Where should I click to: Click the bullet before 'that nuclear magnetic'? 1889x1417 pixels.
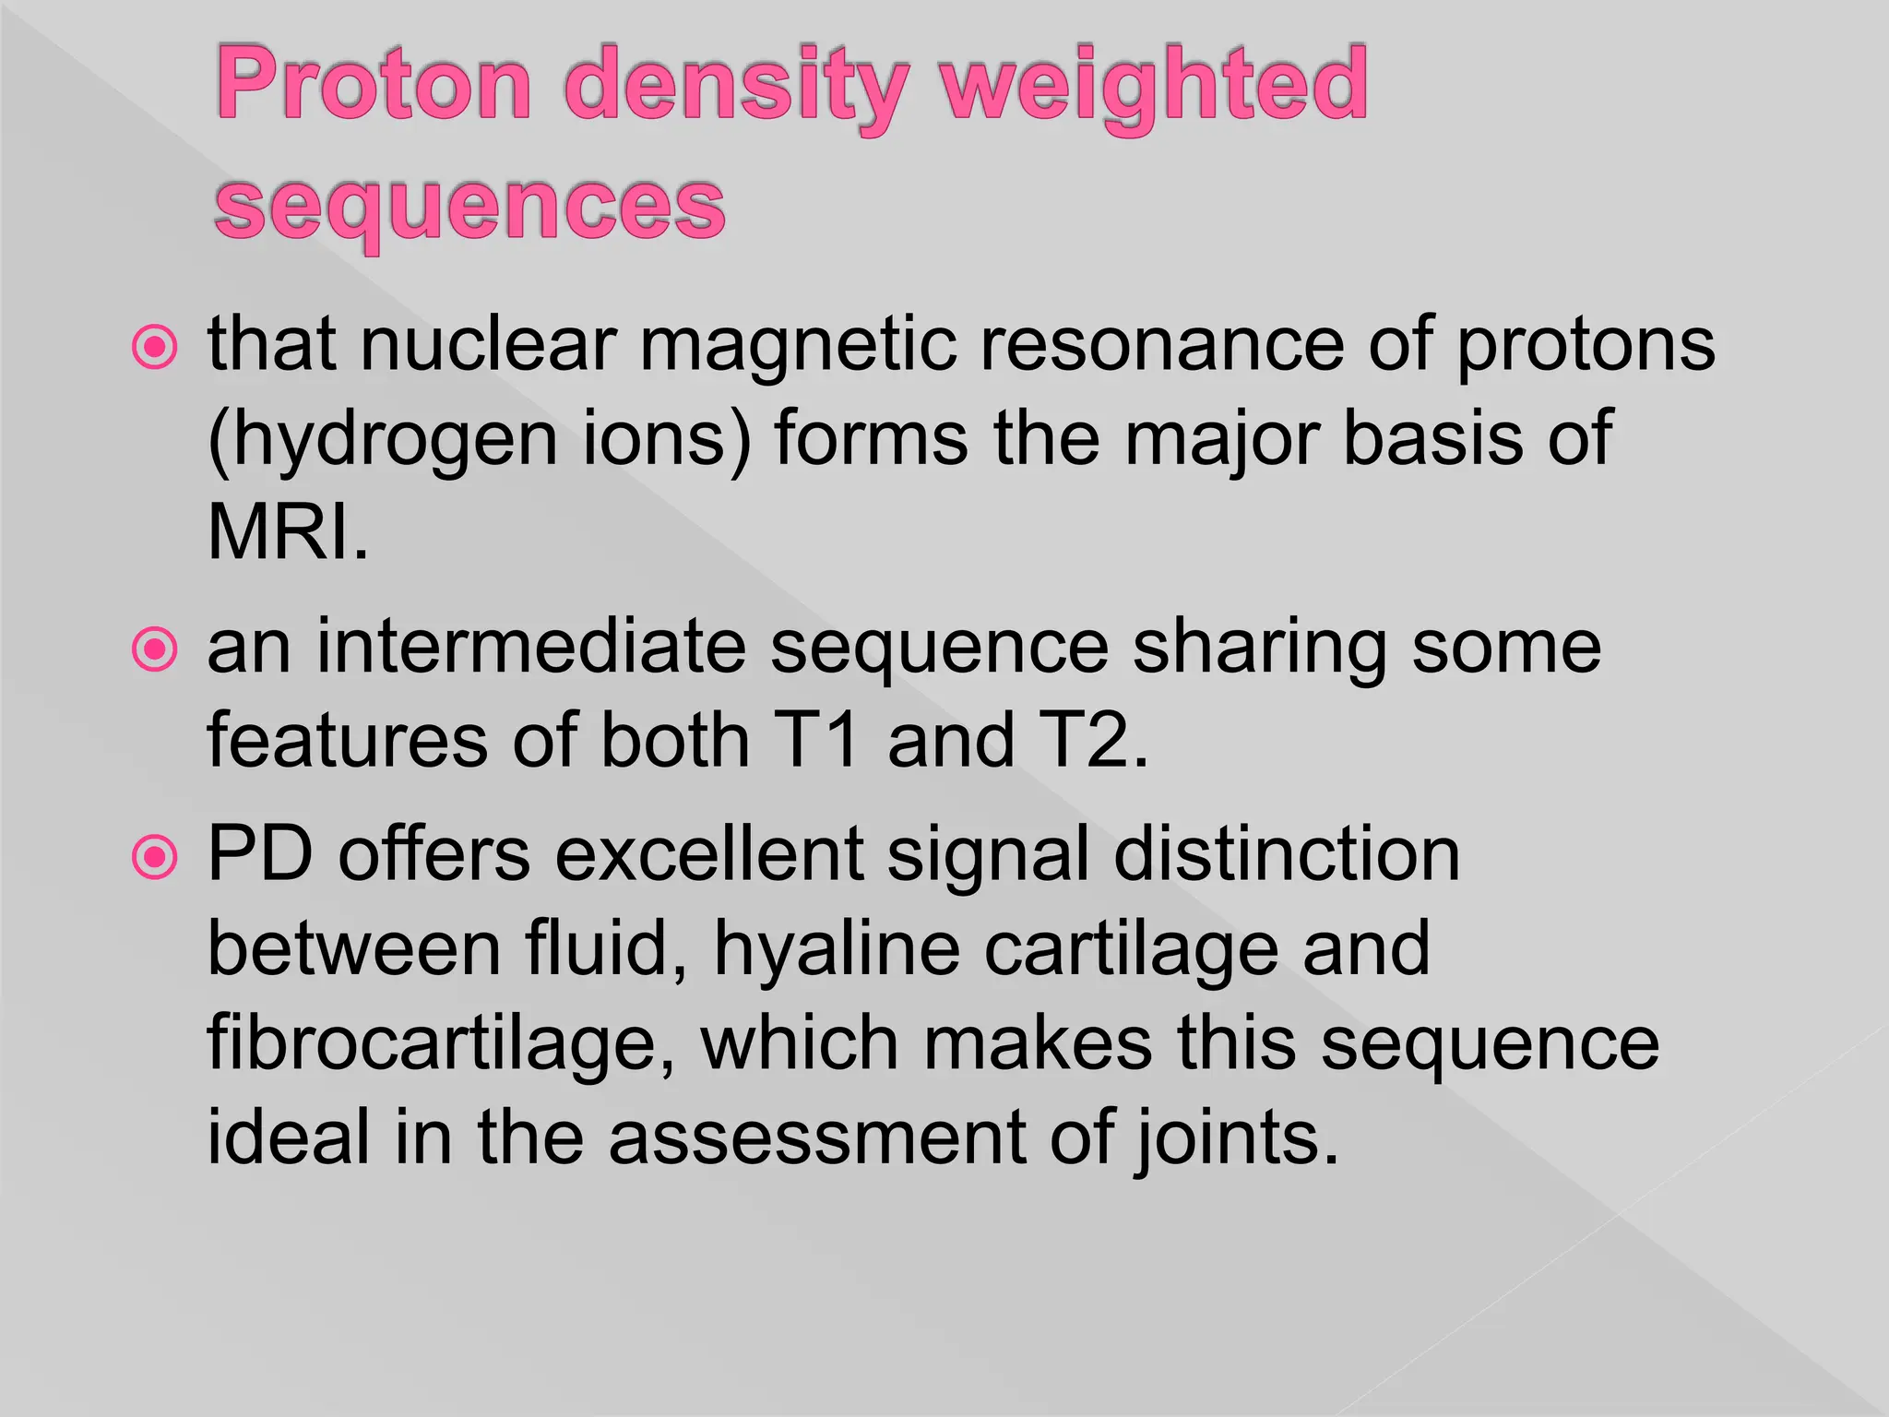click(154, 349)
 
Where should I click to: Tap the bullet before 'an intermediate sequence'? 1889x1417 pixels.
click(154, 650)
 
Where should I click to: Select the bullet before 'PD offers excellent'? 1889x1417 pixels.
click(154, 858)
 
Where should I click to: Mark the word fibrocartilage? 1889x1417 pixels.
click(441, 1044)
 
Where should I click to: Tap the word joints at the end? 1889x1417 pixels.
click(1236, 1140)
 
